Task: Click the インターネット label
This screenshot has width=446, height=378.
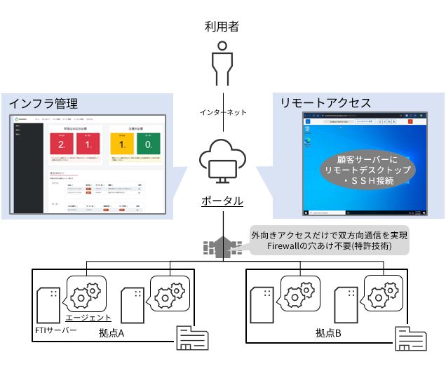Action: tap(223, 112)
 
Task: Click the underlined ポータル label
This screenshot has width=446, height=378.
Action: tap(223, 201)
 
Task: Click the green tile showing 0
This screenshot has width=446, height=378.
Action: tap(147, 145)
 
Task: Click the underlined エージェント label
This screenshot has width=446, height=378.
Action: tap(88, 317)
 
